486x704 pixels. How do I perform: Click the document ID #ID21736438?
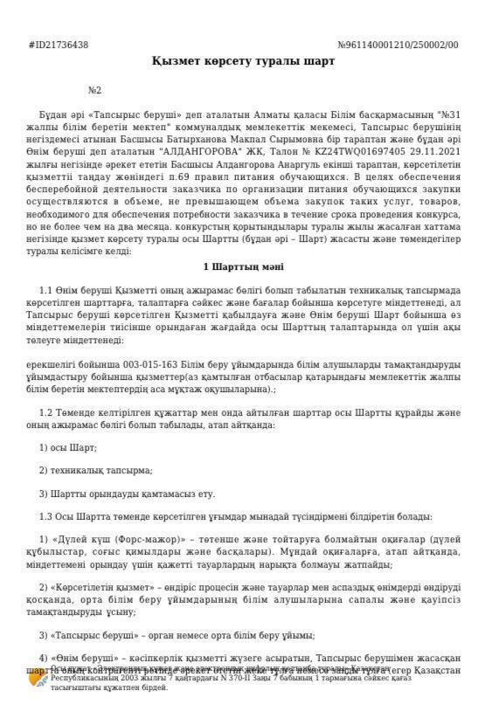click(59, 45)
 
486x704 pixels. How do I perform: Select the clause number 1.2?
click(47, 411)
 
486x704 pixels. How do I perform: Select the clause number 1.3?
click(47, 515)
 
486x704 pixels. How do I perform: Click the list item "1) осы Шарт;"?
click(68, 446)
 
